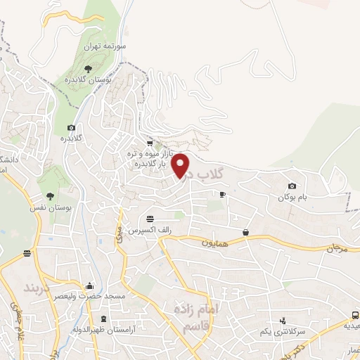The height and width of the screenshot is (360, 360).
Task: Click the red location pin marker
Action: [x=181, y=166]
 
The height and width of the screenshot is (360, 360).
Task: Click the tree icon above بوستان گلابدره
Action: [x=87, y=68]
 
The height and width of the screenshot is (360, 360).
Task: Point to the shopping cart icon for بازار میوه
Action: [x=149, y=141]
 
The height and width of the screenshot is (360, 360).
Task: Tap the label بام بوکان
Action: [x=292, y=198]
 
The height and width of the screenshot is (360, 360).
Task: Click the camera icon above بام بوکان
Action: [x=292, y=186]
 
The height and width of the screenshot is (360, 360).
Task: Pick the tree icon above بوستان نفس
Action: [x=49, y=196]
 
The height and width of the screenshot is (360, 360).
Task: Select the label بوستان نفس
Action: [x=53, y=209]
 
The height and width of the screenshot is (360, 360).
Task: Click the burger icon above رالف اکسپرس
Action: [x=149, y=218]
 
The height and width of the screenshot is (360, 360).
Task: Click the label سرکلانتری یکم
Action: [x=266, y=331]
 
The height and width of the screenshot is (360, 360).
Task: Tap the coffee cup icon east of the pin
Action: [x=222, y=194]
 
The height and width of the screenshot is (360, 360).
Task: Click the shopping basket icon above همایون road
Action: [x=245, y=232]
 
